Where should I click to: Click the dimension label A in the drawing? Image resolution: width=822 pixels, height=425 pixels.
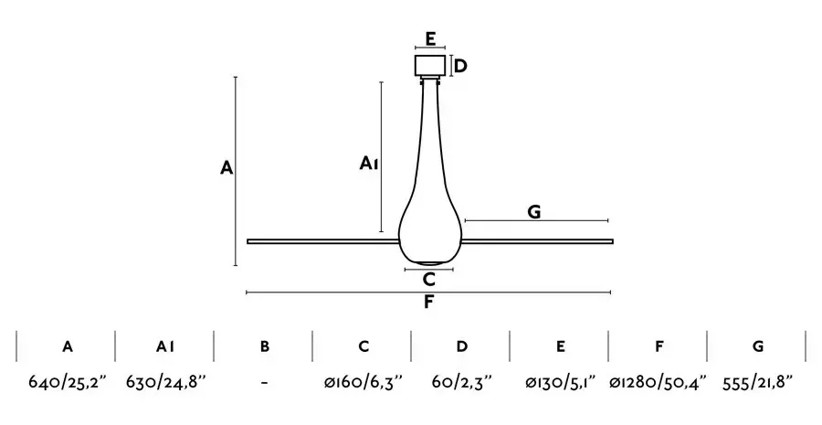226,168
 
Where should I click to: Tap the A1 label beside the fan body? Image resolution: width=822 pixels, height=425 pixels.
369,164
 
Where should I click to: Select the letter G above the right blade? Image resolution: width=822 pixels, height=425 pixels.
533,212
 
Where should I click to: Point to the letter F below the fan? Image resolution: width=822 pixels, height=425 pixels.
429,303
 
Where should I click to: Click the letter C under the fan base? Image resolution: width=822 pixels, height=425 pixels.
429,280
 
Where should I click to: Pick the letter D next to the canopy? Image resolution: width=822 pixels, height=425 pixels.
460,67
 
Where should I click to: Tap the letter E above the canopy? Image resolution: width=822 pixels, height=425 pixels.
430,39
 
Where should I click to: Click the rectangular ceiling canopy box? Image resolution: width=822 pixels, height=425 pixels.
430,66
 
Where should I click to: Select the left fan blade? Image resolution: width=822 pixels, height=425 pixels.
323,241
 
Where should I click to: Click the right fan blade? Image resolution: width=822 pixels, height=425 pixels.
537,241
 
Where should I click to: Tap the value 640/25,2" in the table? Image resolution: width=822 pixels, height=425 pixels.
67,382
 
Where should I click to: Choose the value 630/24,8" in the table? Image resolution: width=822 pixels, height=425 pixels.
165,382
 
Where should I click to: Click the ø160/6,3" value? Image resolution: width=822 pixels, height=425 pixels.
364,382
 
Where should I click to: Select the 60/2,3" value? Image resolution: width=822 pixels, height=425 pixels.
462,382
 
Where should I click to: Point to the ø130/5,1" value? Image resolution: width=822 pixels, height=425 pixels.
561,382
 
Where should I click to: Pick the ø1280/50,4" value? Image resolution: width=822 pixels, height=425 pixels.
659,382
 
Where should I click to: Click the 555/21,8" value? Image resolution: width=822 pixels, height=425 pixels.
757,382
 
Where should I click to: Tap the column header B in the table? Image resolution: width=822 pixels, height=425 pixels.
265,346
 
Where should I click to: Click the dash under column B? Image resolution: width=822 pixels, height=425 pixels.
265,383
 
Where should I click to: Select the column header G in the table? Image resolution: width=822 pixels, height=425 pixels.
758,346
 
